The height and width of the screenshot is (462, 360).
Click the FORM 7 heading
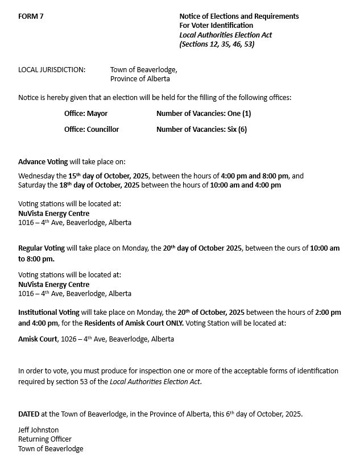coord(31,16)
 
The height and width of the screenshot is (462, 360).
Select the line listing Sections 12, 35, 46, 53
coord(217,44)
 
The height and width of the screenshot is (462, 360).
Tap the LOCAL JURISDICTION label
coord(52,69)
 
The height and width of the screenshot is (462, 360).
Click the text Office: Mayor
coord(86,114)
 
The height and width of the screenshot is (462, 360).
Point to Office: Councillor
coord(92,130)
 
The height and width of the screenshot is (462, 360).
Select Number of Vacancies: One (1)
coord(204,114)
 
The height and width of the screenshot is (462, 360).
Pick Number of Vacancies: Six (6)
coord(201,130)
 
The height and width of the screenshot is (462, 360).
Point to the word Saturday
coord(32,185)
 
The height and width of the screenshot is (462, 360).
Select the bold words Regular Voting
coord(42,249)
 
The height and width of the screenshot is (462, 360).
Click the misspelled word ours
coord(293,249)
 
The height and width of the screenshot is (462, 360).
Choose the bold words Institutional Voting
coord(49,313)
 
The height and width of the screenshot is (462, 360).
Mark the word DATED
coord(28,414)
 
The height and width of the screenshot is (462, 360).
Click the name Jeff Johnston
coord(39,430)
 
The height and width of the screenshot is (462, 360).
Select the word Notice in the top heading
coord(191,16)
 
